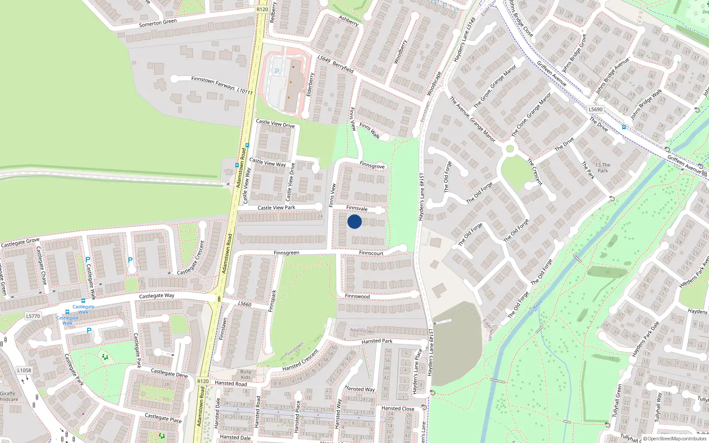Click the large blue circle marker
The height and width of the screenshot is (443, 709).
pyautogui.click(x=354, y=221)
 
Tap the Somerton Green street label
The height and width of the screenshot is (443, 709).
pyautogui.click(x=158, y=23)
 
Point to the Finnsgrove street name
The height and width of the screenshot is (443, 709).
pyautogui.click(x=372, y=165)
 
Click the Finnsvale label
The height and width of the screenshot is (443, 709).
pyautogui.click(x=357, y=208)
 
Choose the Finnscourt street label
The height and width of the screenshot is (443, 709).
pyautogui.click(x=371, y=253)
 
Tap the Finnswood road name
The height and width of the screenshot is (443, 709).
pyautogui.click(x=357, y=296)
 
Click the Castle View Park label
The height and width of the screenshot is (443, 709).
pyautogui.click(x=277, y=207)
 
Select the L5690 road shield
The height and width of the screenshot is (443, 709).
pyautogui.click(x=596, y=109)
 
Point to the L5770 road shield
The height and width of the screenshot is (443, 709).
pyautogui.click(x=33, y=316)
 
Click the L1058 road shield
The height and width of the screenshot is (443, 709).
pyautogui.click(x=24, y=370)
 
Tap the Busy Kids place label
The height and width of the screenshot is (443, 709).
pyautogui.click(x=245, y=374)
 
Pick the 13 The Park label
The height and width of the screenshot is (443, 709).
pyautogui.click(x=603, y=167)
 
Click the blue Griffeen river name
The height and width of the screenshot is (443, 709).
pyautogui.click(x=535, y=308)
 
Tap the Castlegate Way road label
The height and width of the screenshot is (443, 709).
pyautogui.click(x=156, y=295)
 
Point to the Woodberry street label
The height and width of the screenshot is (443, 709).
pyautogui.click(x=400, y=51)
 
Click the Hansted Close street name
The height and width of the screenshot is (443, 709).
pyautogui.click(x=398, y=408)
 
